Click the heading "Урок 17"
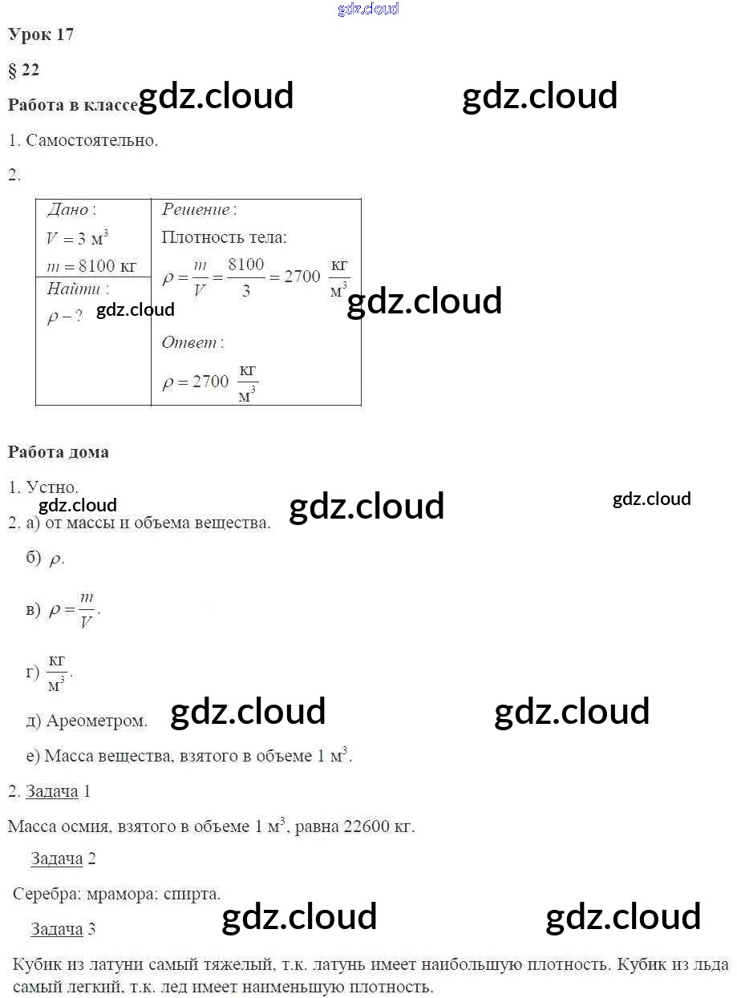[x=41, y=34]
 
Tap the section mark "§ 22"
[x=23, y=70]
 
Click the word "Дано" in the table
[x=68, y=210]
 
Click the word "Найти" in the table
[x=74, y=289]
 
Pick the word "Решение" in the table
[x=196, y=210]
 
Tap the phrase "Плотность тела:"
[x=224, y=237]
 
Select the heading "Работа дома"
[x=59, y=452]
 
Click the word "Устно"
[x=51, y=487]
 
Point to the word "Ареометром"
[x=96, y=721]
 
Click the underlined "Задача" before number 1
[x=52, y=792]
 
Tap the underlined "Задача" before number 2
[x=57, y=859]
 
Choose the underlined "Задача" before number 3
[x=57, y=930]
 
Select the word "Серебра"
[x=46, y=894]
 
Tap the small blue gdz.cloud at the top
[x=368, y=10]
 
